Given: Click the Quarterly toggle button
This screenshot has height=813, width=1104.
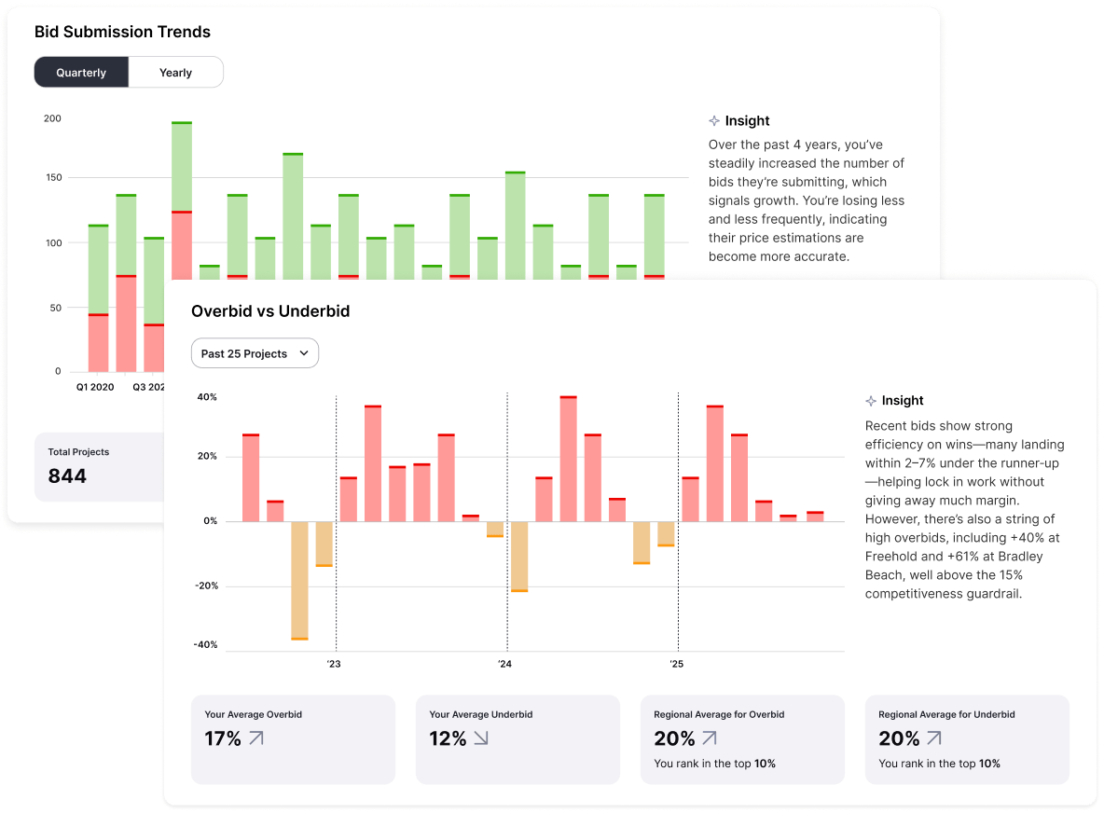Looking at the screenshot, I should coord(81,73).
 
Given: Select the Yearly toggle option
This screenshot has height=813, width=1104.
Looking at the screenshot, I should coord(175,73).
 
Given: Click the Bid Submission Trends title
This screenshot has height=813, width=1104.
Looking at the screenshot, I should coord(122,32).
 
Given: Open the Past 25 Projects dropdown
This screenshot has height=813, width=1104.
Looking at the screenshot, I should coord(255,353).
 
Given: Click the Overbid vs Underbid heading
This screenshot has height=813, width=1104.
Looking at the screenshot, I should coord(270,311).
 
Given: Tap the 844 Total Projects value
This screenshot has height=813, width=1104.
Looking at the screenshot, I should coord(67,475).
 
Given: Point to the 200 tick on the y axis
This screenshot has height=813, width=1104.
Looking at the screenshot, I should coord(52,118).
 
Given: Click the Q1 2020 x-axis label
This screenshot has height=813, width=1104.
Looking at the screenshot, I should coord(95,386).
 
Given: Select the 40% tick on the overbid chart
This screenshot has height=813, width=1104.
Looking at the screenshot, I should coord(206,397).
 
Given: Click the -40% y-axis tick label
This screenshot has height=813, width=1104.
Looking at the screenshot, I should coord(205,645).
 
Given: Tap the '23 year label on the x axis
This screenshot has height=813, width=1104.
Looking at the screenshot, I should coord(334,665).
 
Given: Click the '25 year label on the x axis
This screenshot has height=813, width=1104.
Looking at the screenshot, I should coord(676,665).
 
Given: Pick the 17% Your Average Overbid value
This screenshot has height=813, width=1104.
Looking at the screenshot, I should coord(223,739).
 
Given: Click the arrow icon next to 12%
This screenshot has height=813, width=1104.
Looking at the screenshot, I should coord(480,738).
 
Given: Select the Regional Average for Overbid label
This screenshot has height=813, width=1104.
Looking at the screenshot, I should coord(719,714).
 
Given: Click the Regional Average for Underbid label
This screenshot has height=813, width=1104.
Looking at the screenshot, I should coord(946,714).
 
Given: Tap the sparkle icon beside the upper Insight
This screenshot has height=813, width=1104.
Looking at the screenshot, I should coord(714,121).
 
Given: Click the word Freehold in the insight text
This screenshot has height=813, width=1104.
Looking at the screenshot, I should coord(893,557).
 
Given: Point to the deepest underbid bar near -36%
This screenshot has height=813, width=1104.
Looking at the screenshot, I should coord(299,580).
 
